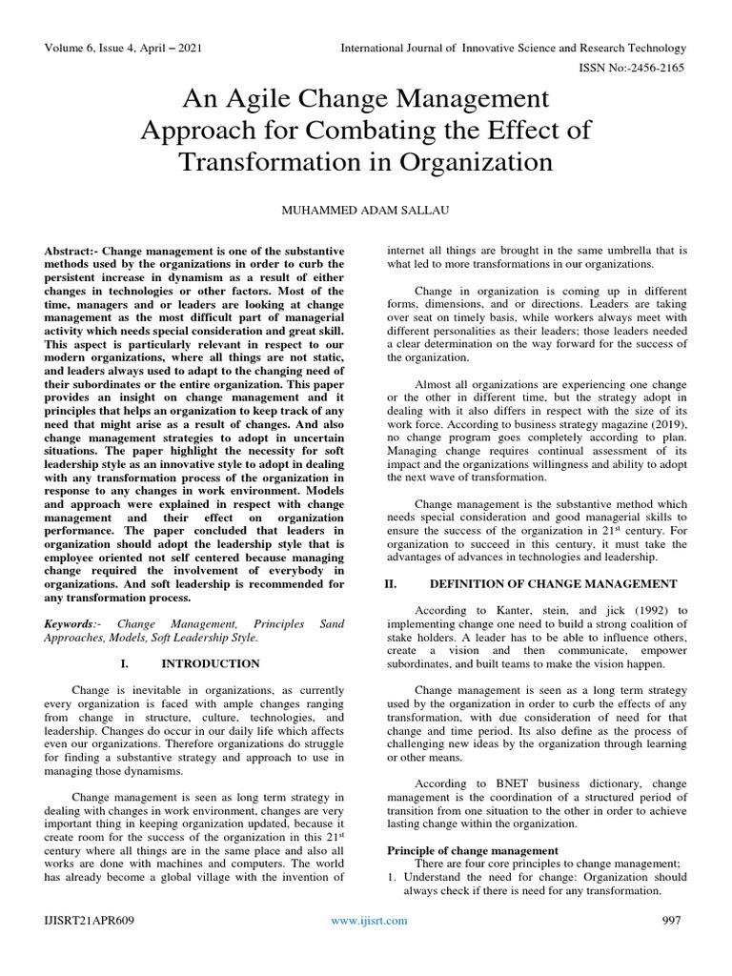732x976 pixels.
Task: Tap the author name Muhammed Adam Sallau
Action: (x=366, y=207)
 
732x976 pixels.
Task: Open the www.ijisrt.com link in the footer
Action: (x=369, y=920)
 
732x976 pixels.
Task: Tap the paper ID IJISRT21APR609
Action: (x=91, y=920)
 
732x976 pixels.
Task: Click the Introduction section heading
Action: (x=211, y=662)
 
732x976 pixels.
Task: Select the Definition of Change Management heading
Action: (x=554, y=583)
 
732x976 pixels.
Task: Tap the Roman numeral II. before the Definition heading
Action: (x=389, y=583)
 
